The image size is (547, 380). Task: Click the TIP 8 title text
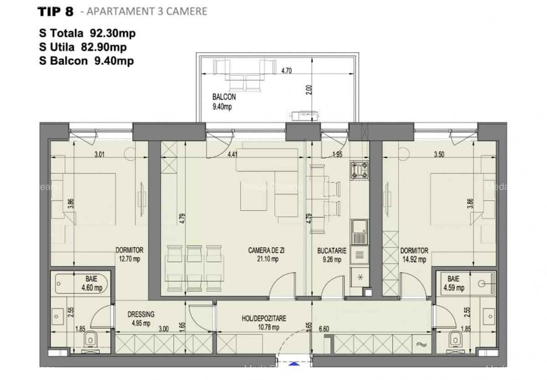tap(55, 11)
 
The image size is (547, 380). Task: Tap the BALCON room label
tap(224, 97)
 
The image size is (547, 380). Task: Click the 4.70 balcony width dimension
tap(286, 71)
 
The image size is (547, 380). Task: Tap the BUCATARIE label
tap(332, 250)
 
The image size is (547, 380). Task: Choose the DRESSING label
tap(141, 314)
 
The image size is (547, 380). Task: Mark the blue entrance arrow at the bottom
tap(295, 363)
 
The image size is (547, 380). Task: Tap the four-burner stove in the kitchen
tap(359, 170)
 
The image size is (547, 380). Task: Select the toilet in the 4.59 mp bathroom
tap(455, 339)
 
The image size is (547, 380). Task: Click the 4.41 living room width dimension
tap(232, 154)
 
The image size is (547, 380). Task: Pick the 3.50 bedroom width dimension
tap(439, 154)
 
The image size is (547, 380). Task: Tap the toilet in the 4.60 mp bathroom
tap(91, 339)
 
